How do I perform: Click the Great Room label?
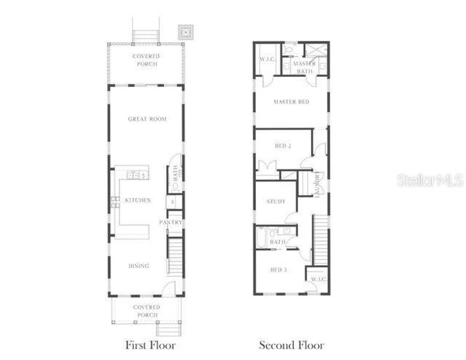(x=147, y=119)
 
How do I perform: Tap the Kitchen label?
(x=138, y=200)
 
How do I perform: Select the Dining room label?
(x=139, y=266)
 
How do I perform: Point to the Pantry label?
(x=171, y=222)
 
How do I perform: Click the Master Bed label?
(x=291, y=102)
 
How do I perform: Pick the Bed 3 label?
(x=278, y=270)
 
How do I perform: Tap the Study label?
(x=276, y=202)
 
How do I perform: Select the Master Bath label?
(x=304, y=68)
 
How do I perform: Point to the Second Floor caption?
(x=291, y=345)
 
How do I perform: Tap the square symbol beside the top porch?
(x=185, y=31)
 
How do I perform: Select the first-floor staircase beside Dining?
(x=174, y=255)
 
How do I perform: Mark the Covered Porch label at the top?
(x=147, y=60)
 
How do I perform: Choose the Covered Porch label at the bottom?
(x=147, y=311)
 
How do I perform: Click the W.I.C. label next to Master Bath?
(x=267, y=59)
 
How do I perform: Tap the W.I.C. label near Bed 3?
(x=318, y=279)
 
